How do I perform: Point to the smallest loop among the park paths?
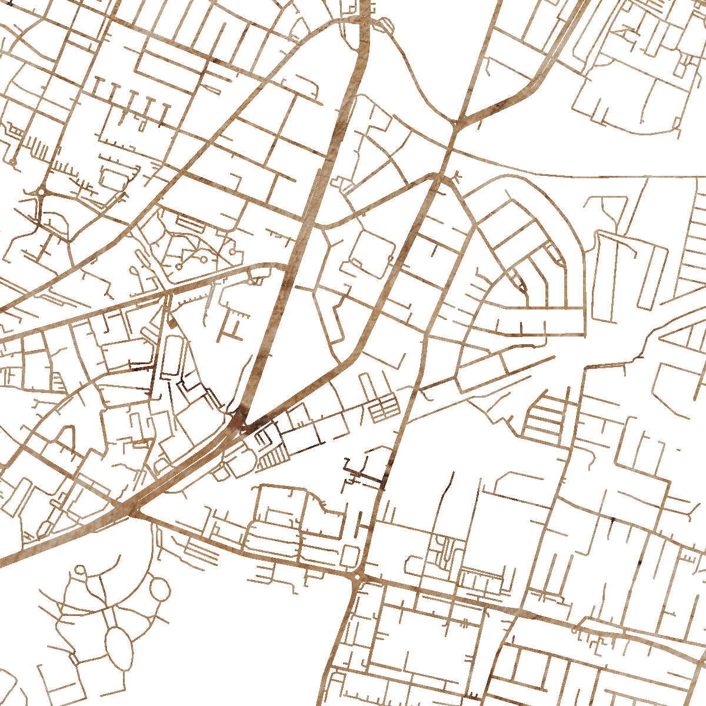click(x=80, y=570)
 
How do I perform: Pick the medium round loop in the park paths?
click(x=159, y=587)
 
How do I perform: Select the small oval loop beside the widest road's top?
click(x=387, y=24)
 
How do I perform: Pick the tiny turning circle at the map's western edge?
click(x=12, y=161)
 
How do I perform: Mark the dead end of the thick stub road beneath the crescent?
click(x=554, y=356)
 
